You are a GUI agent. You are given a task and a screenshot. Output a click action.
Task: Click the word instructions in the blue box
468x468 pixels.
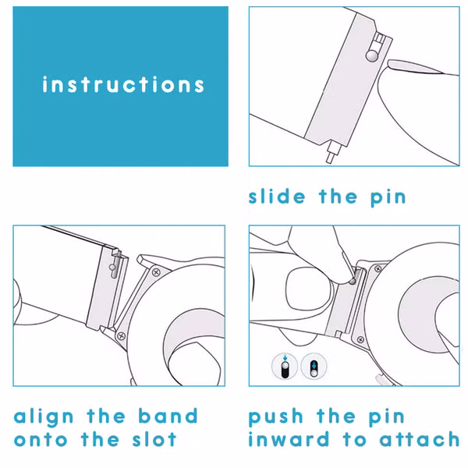[x=123, y=84]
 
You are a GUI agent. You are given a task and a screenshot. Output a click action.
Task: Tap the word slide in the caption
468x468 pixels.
[x=277, y=197]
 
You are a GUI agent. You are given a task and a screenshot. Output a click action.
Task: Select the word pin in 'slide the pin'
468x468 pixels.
[x=388, y=198]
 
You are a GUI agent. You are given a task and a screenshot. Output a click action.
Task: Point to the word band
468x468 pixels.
[x=168, y=416]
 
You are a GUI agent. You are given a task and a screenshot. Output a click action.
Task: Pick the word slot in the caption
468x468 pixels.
[x=154, y=439]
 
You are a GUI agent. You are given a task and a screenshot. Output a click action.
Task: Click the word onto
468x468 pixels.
[x=41, y=440]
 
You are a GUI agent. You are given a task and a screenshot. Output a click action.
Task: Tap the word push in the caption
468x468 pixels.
[x=276, y=417]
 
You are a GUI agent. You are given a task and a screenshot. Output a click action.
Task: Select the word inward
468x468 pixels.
[x=289, y=439]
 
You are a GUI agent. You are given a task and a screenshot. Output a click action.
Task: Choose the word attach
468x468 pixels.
[x=419, y=439]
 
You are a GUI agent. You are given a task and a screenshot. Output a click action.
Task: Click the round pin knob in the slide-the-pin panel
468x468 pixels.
[x=371, y=55]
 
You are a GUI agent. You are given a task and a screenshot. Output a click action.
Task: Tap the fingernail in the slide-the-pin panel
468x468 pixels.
[x=413, y=66]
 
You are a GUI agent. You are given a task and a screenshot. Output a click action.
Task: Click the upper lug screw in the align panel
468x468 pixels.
[x=156, y=272]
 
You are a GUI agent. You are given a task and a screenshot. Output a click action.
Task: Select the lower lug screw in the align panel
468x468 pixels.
[x=121, y=335]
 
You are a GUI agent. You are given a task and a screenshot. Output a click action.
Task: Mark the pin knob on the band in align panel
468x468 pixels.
[x=112, y=267]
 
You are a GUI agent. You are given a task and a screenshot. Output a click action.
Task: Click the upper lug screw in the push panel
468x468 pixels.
[x=378, y=269]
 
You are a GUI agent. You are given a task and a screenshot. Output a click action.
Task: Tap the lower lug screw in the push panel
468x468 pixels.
[x=360, y=340]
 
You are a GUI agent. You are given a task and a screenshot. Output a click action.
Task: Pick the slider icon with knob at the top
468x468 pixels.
[x=285, y=367]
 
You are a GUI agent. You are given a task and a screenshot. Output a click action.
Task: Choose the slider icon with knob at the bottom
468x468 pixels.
[x=314, y=367]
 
